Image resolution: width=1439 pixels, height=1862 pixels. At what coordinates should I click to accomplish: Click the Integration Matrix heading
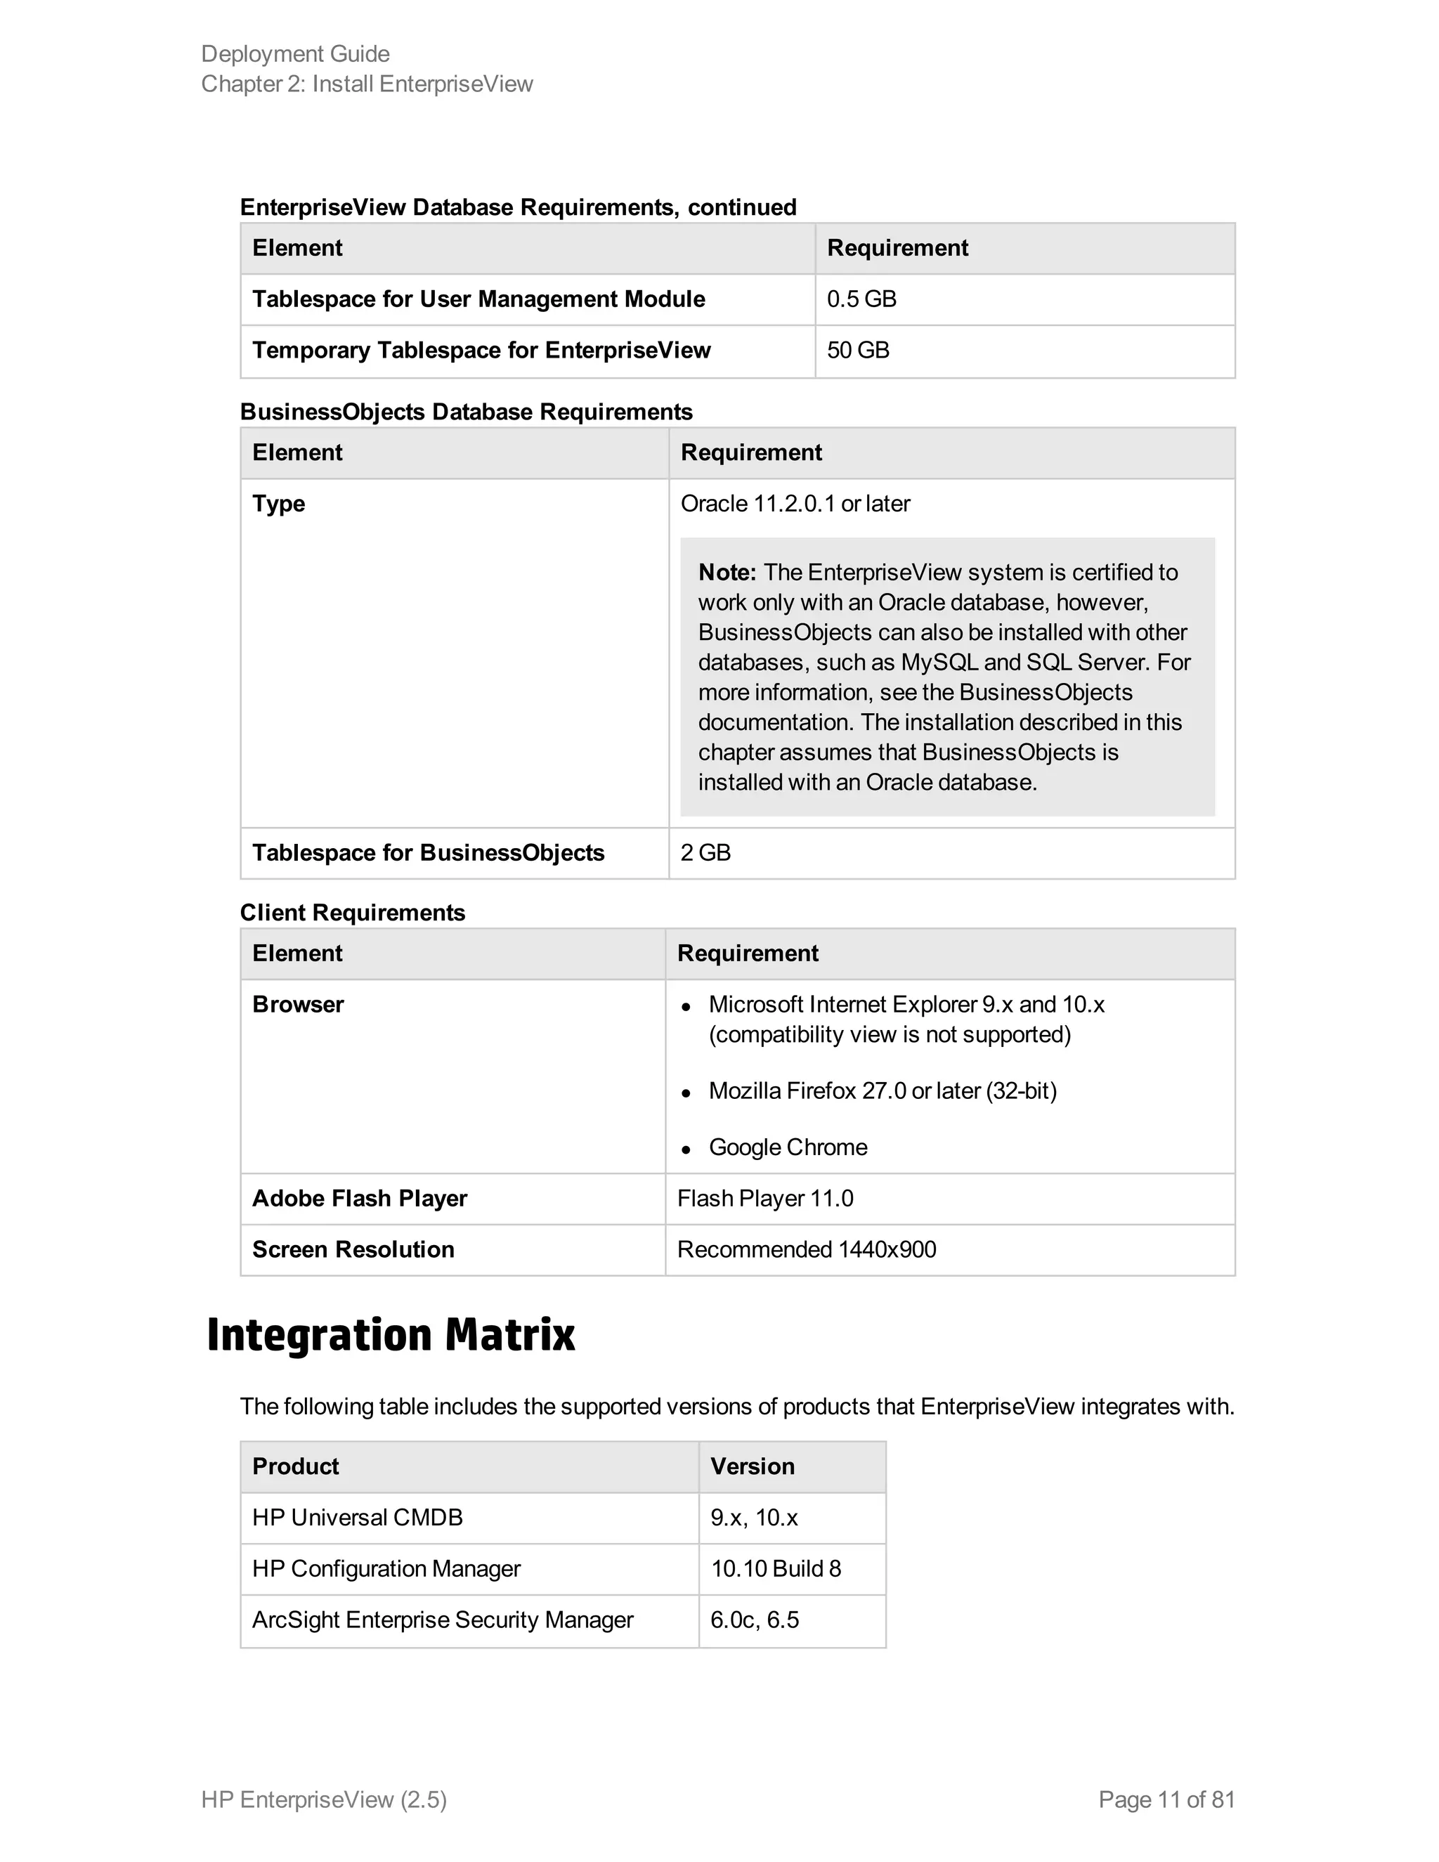tap(391, 1335)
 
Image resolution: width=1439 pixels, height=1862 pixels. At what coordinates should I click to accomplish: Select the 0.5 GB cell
tap(861, 299)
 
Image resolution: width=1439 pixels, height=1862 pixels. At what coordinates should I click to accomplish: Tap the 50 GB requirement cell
tap(858, 351)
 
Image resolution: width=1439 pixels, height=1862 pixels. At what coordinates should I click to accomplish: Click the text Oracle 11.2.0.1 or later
tap(795, 504)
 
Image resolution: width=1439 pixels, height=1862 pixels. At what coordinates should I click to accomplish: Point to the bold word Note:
tap(727, 572)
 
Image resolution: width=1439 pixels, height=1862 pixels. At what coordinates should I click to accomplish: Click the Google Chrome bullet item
tap(788, 1147)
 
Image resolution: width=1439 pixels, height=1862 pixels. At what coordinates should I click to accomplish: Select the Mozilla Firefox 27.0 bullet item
tap(882, 1091)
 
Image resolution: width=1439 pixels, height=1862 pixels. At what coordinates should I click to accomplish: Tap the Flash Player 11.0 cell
tap(764, 1199)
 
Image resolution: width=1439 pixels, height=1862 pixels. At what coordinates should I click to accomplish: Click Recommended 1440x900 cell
tap(806, 1250)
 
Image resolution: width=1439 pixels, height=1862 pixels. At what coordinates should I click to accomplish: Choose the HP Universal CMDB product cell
tap(357, 1518)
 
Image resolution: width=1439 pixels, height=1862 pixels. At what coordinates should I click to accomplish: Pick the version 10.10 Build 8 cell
tap(775, 1569)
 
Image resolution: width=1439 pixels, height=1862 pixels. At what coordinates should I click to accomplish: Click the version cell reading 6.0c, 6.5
tap(754, 1620)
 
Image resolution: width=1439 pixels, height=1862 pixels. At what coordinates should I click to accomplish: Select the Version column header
tap(752, 1466)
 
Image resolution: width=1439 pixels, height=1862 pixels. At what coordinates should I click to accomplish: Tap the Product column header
tap(295, 1466)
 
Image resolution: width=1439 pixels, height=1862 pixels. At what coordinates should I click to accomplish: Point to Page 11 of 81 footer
tap(1166, 1799)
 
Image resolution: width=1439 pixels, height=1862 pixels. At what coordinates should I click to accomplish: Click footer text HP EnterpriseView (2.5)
tap(324, 1799)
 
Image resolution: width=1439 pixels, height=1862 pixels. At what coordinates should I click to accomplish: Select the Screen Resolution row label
tap(353, 1250)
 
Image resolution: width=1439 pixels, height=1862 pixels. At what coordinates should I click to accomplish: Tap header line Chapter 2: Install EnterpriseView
tap(367, 84)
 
